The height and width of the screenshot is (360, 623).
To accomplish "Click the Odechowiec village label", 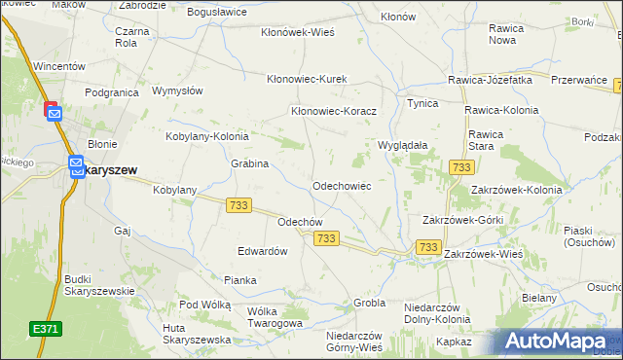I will click(x=341, y=185).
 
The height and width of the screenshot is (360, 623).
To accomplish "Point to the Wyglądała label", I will click(x=403, y=144).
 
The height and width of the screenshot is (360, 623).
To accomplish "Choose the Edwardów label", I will click(x=263, y=250).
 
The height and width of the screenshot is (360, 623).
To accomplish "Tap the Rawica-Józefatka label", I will click(x=490, y=80).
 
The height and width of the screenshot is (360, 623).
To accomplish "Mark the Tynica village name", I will click(x=422, y=102).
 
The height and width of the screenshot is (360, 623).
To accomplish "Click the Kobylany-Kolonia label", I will click(x=207, y=137).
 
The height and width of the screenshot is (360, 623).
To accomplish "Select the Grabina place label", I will click(x=249, y=163).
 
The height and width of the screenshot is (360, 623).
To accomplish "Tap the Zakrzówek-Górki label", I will click(x=461, y=220).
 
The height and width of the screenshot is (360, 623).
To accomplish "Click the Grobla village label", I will click(x=370, y=303).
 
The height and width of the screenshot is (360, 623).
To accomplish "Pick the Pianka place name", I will click(x=239, y=280).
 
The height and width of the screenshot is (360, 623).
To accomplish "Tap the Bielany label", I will click(x=538, y=298).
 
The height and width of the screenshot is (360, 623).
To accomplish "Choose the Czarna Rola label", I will click(x=131, y=36).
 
